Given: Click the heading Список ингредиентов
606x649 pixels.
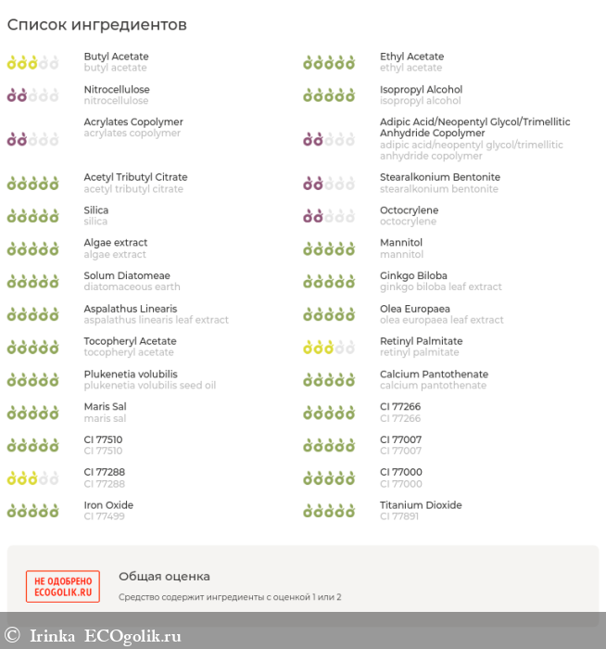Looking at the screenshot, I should coord(97,25).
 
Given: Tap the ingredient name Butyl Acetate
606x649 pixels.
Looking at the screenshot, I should coord(116,57).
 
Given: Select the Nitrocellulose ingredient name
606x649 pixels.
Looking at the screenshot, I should coord(117,90).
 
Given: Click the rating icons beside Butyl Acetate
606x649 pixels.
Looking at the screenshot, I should coord(32,63).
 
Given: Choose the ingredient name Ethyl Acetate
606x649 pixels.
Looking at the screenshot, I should coord(411,57).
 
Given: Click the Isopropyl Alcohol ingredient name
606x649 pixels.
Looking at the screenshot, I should coord(421,90).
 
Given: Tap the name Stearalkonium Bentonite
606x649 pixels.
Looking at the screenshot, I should coord(440,177).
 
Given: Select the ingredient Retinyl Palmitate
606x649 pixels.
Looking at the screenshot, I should coord(421,341).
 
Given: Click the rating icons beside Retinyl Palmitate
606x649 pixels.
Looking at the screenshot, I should coord(329,348).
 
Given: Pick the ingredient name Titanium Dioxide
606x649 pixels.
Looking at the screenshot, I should coord(421,505).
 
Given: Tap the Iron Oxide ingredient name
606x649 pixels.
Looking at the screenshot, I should coord(108,505).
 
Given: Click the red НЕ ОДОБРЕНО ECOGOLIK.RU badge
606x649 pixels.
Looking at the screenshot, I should coord(63,587).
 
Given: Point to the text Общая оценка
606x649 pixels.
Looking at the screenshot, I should coord(164,577).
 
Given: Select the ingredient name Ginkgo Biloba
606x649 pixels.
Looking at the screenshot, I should coord(413,275).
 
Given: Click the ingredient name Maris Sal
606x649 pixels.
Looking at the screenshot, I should coord(105,407).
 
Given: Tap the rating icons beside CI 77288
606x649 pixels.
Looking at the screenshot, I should coord(32,478).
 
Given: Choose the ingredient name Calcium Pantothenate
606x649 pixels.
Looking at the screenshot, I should coord(434,375).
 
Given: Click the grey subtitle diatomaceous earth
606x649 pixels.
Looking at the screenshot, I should coord(132,287).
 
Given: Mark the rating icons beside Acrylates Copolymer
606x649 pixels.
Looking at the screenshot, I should coord(32,139).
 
